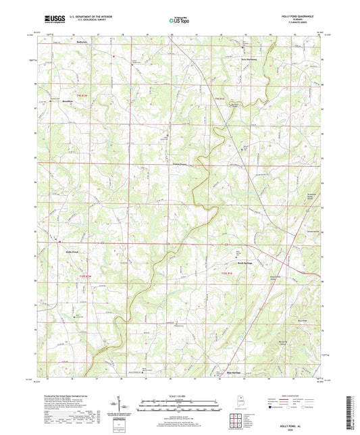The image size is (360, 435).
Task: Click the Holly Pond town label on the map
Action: click(71, 252)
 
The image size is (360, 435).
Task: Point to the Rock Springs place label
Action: click(245, 263)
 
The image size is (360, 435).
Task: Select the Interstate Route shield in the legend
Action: click(271, 408)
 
